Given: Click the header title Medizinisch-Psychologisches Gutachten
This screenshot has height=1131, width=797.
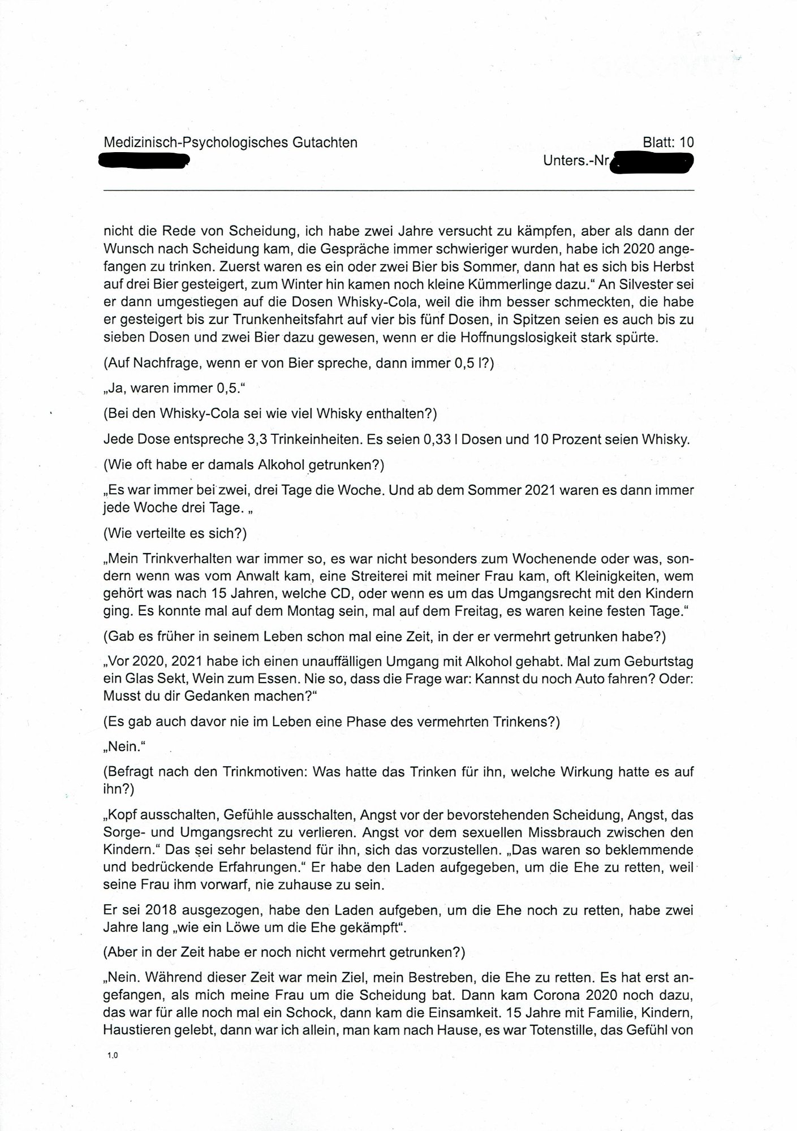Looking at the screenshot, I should pyautogui.click(x=230, y=143).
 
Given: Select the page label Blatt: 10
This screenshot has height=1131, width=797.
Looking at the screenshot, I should pyautogui.click(x=668, y=143).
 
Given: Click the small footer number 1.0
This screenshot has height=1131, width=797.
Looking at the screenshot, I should pyautogui.click(x=111, y=1055).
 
